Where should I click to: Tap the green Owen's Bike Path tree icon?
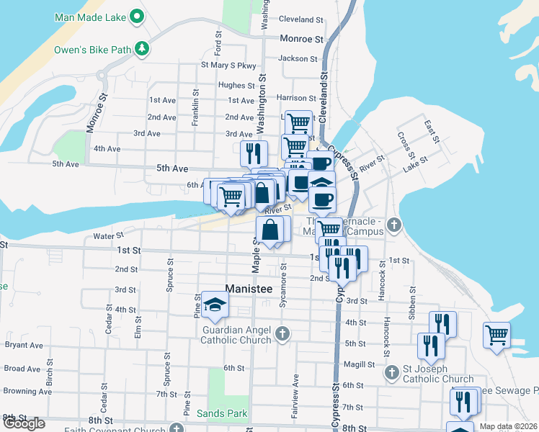pos(143,49)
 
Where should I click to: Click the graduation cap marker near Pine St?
pos(215,305)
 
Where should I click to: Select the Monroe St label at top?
pos(301,39)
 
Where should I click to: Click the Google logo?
pos(23,423)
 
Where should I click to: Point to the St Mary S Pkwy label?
pos(228,66)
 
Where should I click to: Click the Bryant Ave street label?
pos(23,345)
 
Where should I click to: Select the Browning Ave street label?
pos(25,392)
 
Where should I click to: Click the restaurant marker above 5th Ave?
pos(254,152)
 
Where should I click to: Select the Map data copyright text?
pos(508,426)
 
